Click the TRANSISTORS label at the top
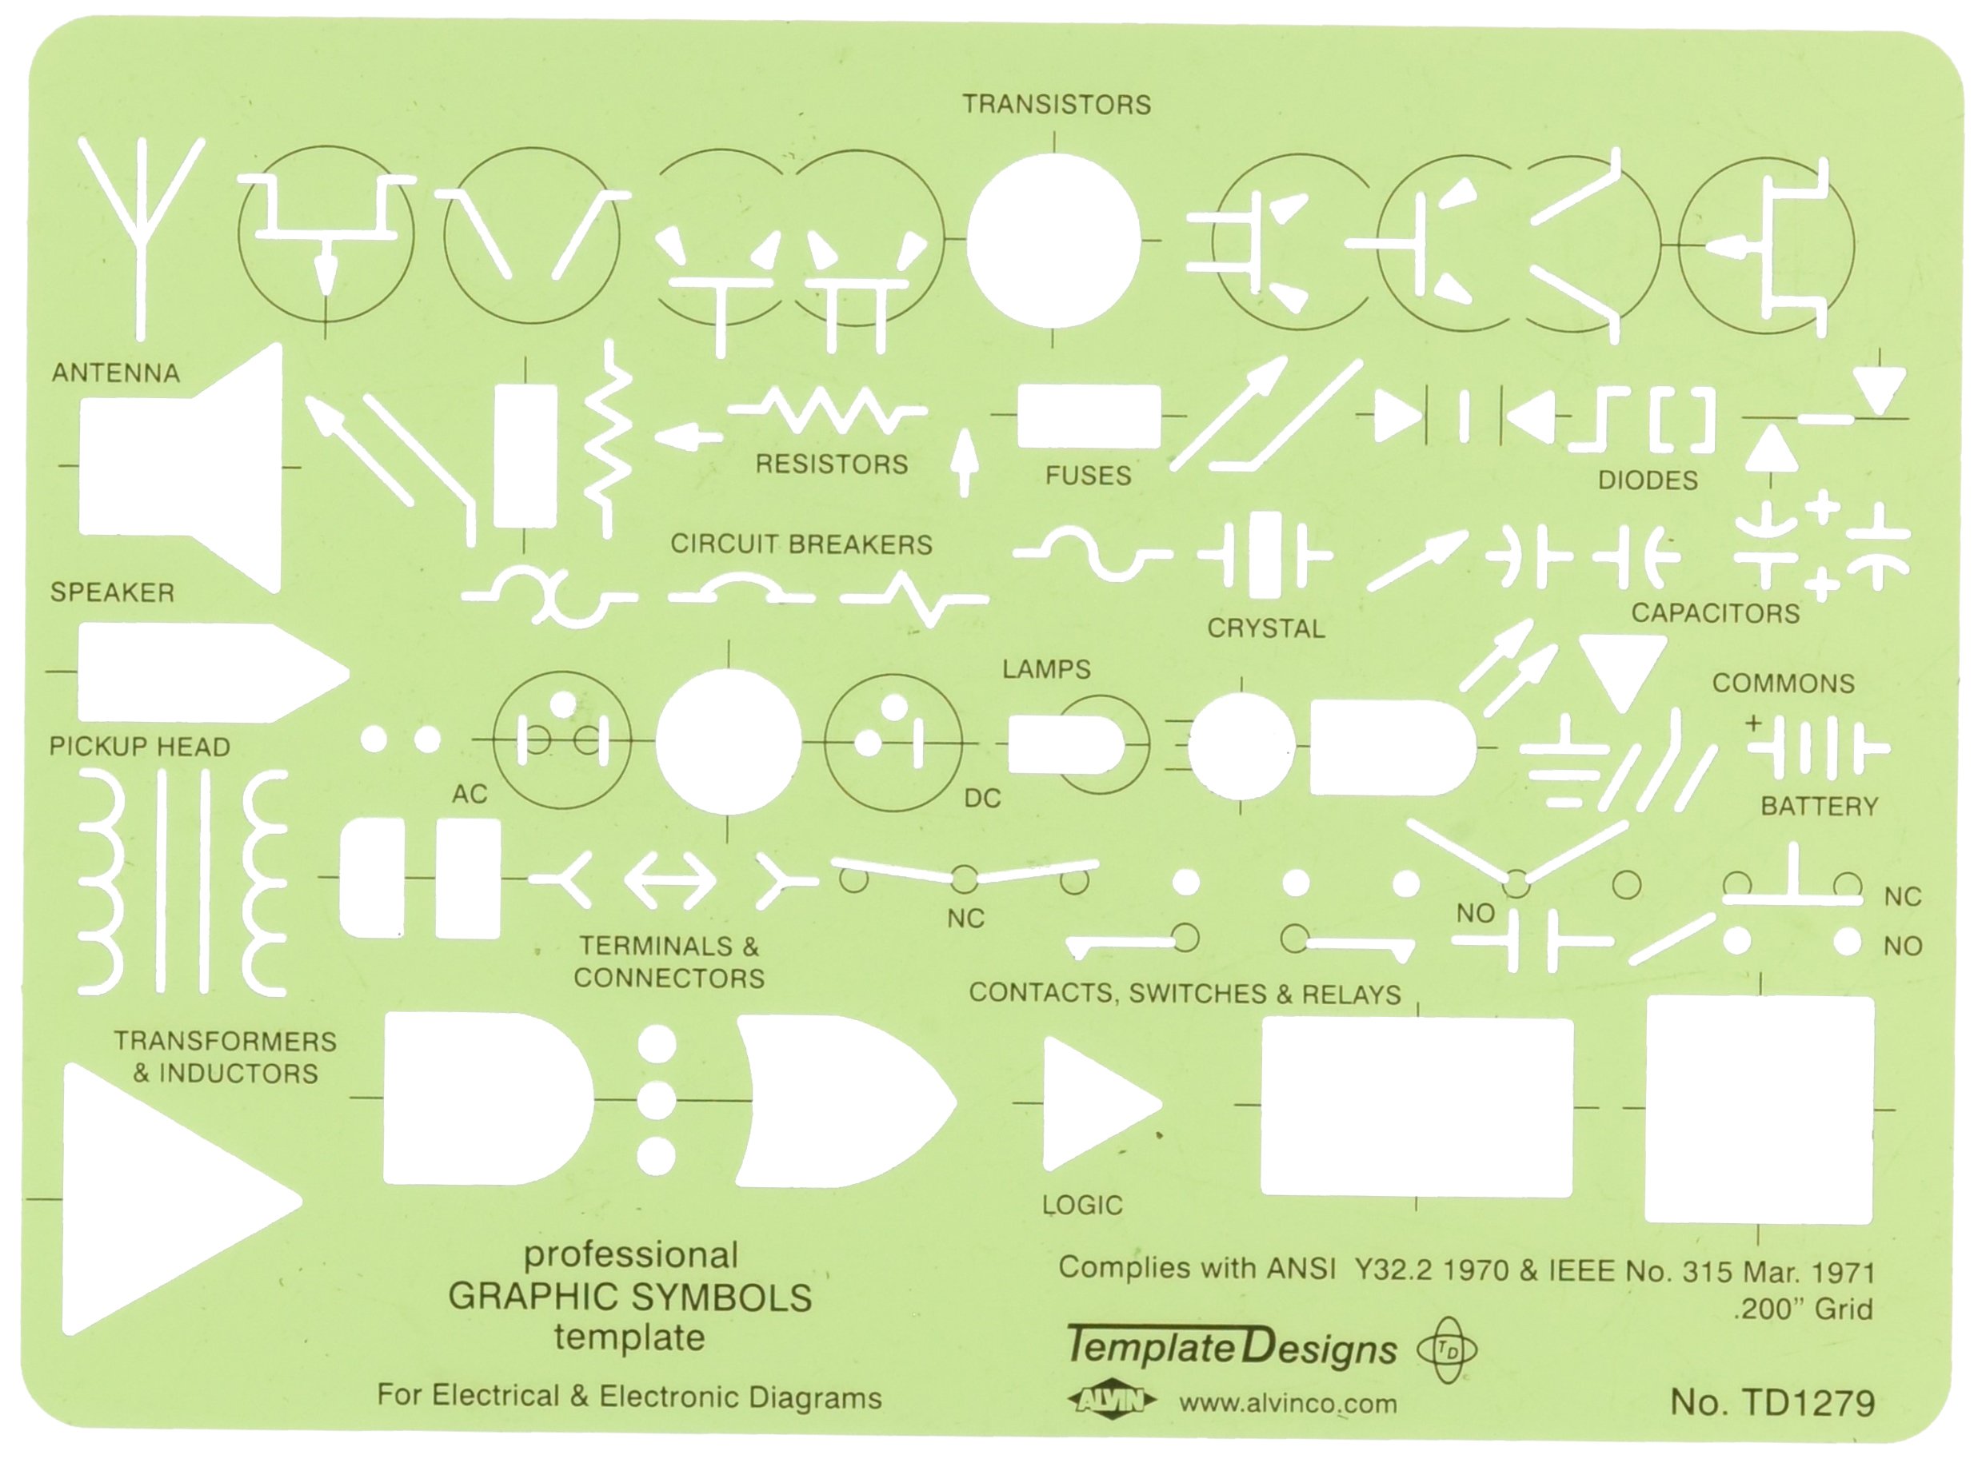point(1056,105)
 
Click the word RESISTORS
point(830,464)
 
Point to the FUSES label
point(1088,476)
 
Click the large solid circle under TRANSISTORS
point(1053,240)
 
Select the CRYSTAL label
point(1265,629)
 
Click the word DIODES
point(1647,480)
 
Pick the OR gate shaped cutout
point(839,1100)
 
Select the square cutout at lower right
point(1758,1110)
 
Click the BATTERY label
point(1818,807)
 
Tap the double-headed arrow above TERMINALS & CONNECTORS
point(669,880)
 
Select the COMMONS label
point(1783,684)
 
